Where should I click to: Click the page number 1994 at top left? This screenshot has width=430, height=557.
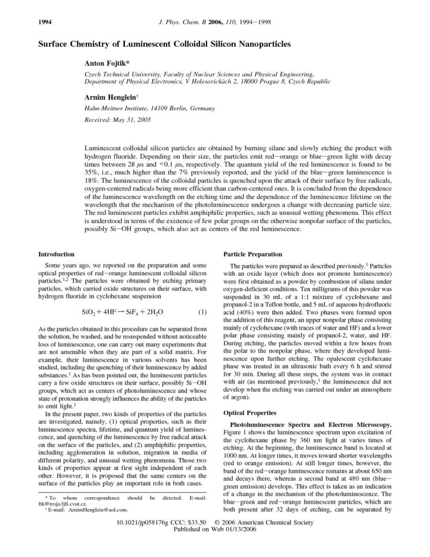click(45, 22)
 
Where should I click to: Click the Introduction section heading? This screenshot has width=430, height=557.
click(57, 254)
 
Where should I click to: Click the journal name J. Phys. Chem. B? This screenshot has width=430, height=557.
click(170, 22)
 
